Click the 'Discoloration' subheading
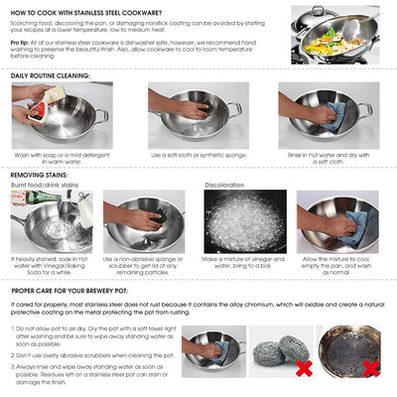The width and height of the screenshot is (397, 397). click(224, 185)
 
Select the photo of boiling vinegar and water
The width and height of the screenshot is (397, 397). click(244, 220)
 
